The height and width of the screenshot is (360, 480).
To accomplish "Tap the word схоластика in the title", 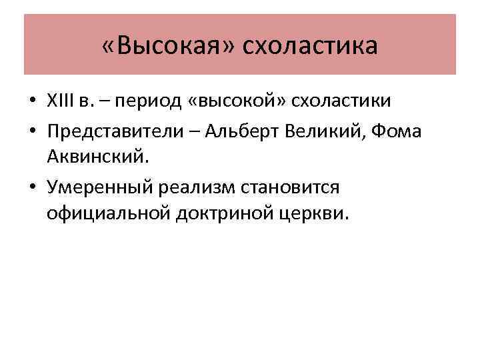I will [310, 46].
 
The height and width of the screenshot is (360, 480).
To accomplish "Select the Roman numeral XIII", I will [62, 102].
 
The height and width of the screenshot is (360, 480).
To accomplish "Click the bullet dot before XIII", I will [32, 103].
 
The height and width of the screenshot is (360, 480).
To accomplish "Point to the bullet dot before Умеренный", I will [32, 188].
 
